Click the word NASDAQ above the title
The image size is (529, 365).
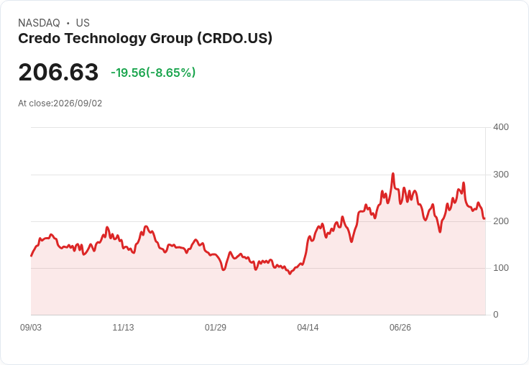[x=39, y=23]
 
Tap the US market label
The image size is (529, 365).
[x=83, y=23]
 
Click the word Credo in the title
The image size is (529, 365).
[x=39, y=38]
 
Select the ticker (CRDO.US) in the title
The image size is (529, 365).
[x=235, y=39]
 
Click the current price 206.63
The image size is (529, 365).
[x=58, y=72]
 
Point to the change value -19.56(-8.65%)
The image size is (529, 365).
[x=153, y=73]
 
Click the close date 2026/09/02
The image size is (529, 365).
[x=78, y=103]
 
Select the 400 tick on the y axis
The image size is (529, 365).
[x=501, y=127]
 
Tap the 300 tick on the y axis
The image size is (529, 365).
[x=501, y=175]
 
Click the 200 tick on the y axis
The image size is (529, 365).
[x=501, y=221]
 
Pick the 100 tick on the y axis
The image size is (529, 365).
[x=501, y=268]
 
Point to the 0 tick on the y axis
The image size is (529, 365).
[x=496, y=315]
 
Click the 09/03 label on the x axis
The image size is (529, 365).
[x=31, y=328]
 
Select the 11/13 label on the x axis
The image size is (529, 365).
[x=123, y=328]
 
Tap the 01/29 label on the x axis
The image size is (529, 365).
[x=216, y=328]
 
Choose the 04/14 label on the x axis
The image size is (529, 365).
[x=308, y=328]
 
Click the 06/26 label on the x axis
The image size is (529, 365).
[x=400, y=328]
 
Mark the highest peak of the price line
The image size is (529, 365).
[x=393, y=174]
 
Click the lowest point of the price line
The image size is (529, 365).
[x=290, y=274]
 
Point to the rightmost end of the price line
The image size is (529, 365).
[x=484, y=218]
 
